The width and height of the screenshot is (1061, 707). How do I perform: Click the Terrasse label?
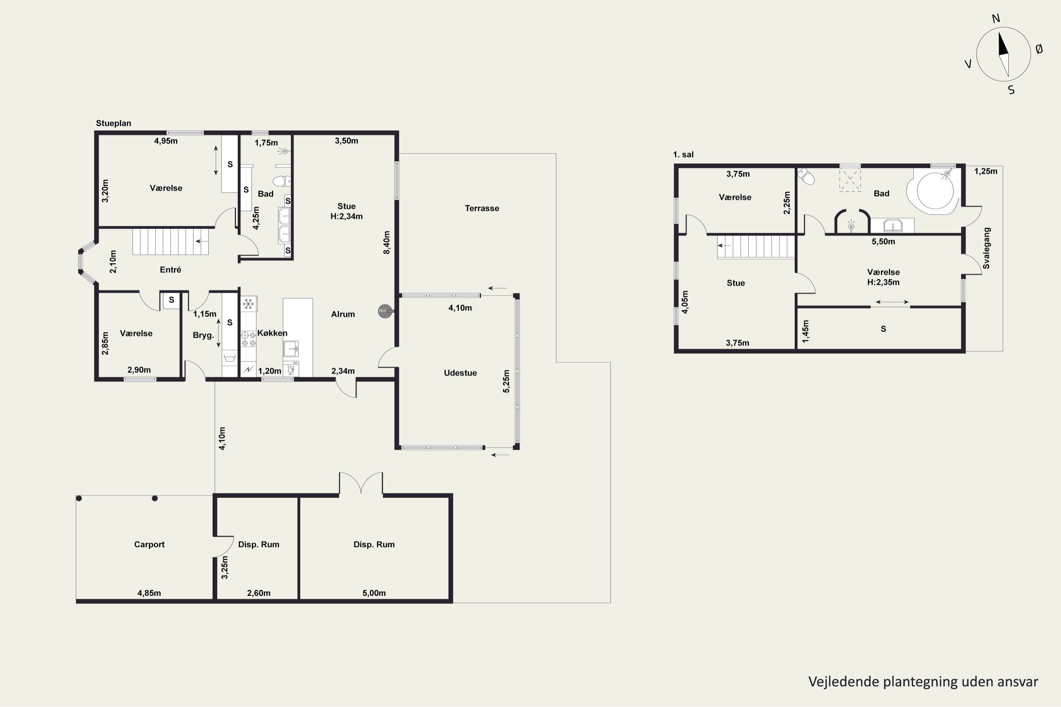click(x=482, y=208)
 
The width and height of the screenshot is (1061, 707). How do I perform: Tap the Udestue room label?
click(x=460, y=373)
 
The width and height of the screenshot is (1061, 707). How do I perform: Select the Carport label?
click(x=149, y=544)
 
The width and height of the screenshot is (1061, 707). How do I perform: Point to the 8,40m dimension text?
click(x=387, y=243)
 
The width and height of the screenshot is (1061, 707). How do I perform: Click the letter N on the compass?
click(x=996, y=18)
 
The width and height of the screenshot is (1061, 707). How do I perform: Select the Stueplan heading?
click(x=113, y=123)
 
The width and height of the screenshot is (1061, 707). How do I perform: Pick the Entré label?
click(x=170, y=270)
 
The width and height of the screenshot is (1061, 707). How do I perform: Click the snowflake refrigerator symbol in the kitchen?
click(x=248, y=304)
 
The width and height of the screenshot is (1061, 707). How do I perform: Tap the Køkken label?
click(x=272, y=333)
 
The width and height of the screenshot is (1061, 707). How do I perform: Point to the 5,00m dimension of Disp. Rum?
click(x=374, y=593)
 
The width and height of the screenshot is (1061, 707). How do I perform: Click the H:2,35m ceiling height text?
click(x=883, y=282)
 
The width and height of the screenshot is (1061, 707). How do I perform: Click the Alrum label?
click(x=343, y=314)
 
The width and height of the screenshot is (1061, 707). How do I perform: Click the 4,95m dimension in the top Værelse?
click(x=166, y=141)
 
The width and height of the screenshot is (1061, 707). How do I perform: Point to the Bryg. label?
click(x=203, y=335)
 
